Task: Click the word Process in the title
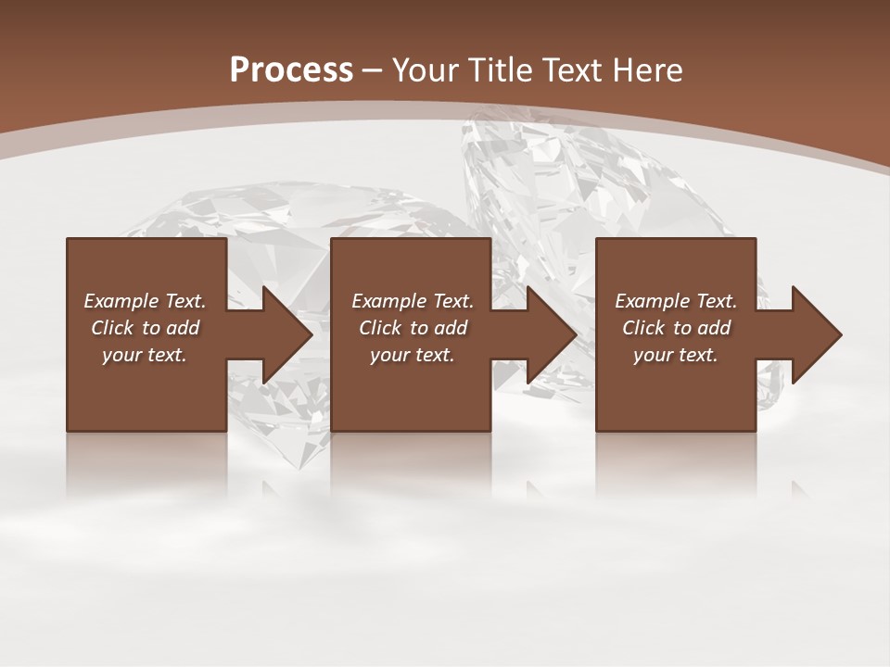point(291,70)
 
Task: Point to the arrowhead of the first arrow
point(288,334)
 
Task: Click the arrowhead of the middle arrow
point(553,334)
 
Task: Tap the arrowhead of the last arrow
point(819,334)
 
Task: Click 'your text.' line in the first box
point(145,355)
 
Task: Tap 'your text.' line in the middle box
point(413,355)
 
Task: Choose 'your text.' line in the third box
point(676,355)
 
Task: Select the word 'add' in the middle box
point(451,328)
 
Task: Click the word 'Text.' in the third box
point(716,301)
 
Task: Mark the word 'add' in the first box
point(183,328)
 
